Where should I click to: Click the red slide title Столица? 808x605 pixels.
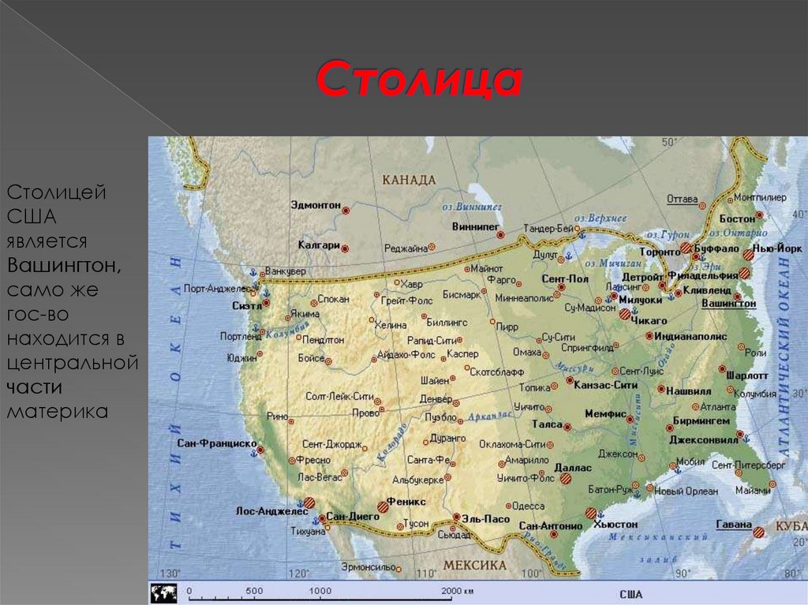pos(419,80)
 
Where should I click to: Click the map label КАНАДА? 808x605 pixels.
pos(409,180)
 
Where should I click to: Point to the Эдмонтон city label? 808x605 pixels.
pos(315,205)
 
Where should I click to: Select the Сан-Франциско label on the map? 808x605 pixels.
pos(216,443)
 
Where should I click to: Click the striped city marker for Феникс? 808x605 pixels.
pos(383,506)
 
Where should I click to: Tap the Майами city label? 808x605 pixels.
pos(752,490)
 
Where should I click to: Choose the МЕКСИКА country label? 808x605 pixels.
pos(474,566)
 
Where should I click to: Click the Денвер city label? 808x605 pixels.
pos(436,398)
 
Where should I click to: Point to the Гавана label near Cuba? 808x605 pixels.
pos(733,524)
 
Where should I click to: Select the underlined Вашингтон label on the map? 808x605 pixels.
pos(728,302)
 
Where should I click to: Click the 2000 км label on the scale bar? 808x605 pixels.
pos(457,590)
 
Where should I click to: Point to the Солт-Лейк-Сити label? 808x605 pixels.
pos(339,397)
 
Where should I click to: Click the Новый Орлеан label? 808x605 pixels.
pos(686,491)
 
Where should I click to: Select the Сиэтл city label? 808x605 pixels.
pos(247,305)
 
